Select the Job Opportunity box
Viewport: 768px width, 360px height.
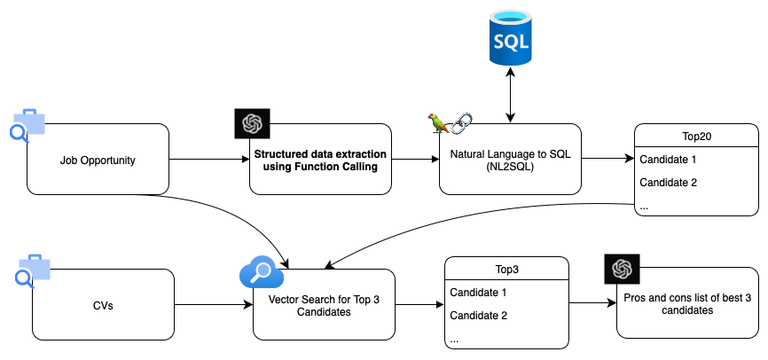pyautogui.click(x=98, y=160)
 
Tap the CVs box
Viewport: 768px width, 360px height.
pyautogui.click(x=103, y=305)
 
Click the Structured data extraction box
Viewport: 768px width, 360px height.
pyautogui.click(x=320, y=160)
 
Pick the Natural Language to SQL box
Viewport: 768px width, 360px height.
pyautogui.click(x=510, y=160)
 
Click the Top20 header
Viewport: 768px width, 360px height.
pyautogui.click(x=696, y=137)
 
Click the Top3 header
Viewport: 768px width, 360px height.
pyautogui.click(x=506, y=269)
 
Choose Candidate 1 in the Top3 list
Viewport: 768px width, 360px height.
pyautogui.click(x=478, y=292)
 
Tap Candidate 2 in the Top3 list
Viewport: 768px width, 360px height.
pyautogui.click(x=478, y=315)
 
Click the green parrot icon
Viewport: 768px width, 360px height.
pyautogui.click(x=438, y=123)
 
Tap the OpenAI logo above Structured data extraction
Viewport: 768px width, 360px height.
pyautogui.click(x=251, y=122)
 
